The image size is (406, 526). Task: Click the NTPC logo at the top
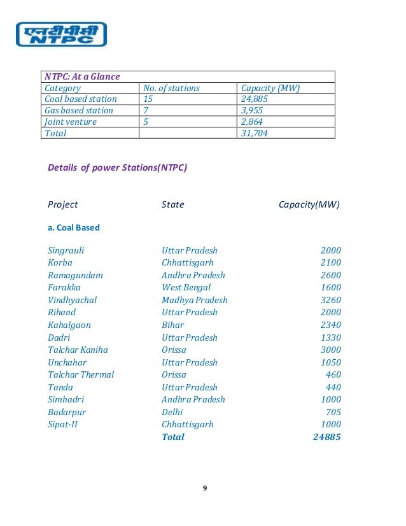[60, 34]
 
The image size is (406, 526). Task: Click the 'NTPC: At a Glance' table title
[82, 77]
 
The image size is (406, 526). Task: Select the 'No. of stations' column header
[171, 88]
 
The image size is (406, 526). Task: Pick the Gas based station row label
[79, 110]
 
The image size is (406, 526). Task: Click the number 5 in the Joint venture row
[146, 122]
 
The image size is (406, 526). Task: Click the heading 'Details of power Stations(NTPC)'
[118, 168]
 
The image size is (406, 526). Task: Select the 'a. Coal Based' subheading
[74, 227]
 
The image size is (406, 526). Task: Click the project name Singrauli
[66, 250]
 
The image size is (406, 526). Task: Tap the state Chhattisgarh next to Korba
[187, 262]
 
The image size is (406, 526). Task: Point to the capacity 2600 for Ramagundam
[330, 275]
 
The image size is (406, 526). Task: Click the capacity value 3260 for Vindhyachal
[330, 300]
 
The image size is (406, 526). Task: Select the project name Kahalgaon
[69, 325]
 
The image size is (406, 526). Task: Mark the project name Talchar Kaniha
[78, 350]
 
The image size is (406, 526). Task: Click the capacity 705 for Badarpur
[333, 412]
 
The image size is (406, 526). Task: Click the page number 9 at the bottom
[204, 488]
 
